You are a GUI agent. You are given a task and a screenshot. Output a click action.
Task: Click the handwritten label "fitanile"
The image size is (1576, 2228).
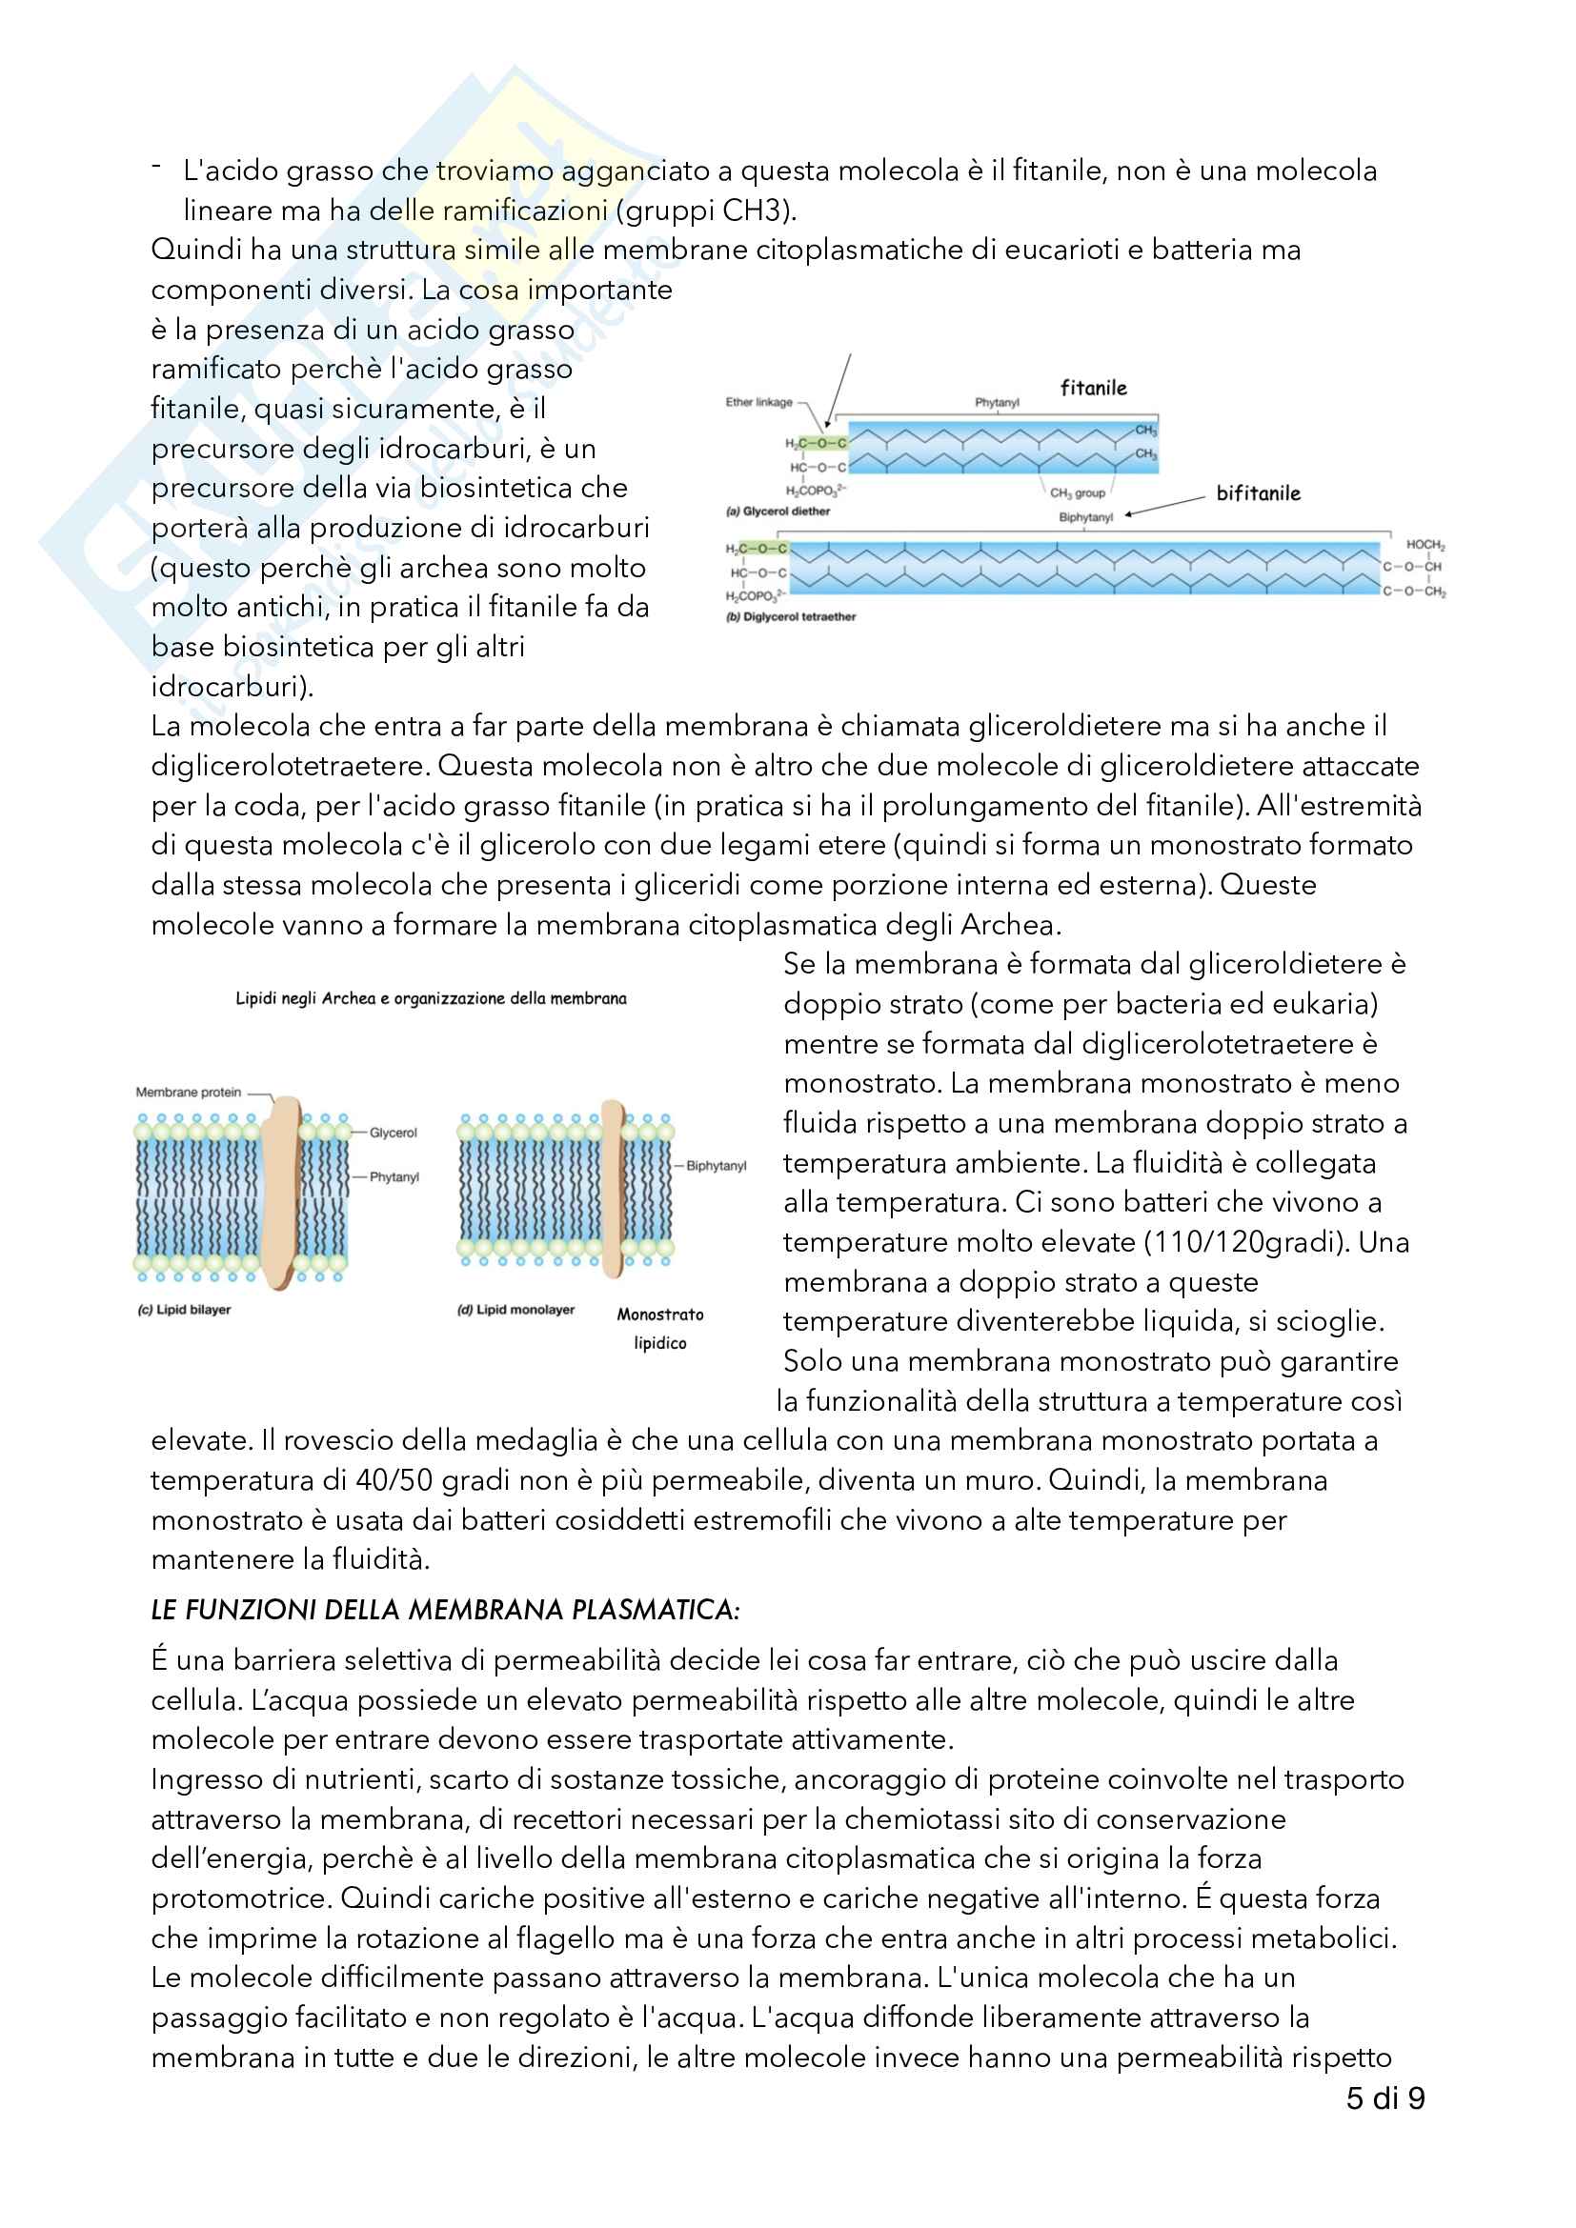click(x=1093, y=388)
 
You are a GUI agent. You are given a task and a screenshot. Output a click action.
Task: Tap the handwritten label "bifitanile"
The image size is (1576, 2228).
click(x=1258, y=493)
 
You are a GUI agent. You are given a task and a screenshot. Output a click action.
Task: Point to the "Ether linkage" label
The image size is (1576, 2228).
click(x=758, y=402)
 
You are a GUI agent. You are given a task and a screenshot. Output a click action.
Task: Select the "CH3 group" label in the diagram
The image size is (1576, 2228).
click(x=1078, y=493)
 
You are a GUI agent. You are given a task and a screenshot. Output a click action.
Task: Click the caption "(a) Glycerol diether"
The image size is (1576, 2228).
click(x=778, y=512)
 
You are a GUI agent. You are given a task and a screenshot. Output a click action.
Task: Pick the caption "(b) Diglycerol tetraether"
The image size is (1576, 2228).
click(x=791, y=616)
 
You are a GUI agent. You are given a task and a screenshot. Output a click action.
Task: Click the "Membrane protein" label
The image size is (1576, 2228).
click(x=189, y=1092)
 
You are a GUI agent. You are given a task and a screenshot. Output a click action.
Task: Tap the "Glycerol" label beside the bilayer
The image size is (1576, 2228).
click(x=393, y=1133)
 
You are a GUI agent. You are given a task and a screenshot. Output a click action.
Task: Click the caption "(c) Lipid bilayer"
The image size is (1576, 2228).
click(x=185, y=1309)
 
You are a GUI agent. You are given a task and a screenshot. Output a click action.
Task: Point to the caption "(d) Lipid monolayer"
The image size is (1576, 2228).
click(x=515, y=1309)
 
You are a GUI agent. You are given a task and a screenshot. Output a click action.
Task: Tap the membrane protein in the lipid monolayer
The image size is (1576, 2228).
click(x=613, y=1189)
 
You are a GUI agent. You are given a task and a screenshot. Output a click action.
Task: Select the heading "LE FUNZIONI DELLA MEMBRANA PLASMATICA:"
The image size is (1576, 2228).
click(x=445, y=1610)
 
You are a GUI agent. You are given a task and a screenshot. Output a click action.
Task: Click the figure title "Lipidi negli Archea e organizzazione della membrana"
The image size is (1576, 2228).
click(x=431, y=997)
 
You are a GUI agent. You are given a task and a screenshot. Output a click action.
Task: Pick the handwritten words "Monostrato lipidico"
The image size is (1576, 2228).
click(x=660, y=1329)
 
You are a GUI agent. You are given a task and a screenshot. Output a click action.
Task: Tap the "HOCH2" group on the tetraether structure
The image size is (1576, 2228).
click(x=1424, y=546)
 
